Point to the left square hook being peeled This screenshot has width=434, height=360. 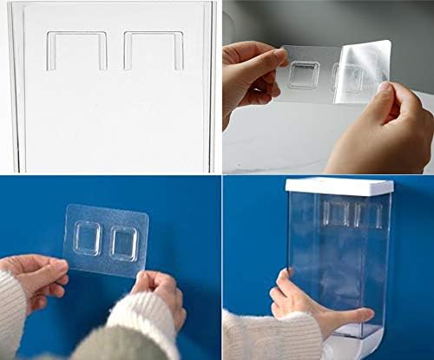point(303,75)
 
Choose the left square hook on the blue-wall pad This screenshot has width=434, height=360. point(87,239)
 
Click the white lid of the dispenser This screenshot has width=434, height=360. point(339,186)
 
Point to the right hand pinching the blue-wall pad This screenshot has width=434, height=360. point(161,295)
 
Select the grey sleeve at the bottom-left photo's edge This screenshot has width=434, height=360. point(87,347)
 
